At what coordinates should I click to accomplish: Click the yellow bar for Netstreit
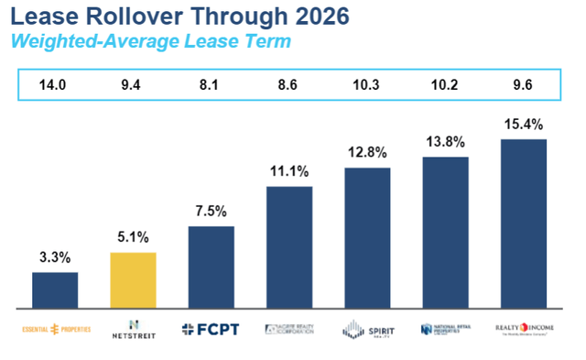tap(133, 280)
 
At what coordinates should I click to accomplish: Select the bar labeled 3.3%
tap(55, 290)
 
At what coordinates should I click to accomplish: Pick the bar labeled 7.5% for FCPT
tap(211, 267)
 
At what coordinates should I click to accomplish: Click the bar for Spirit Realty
tap(367, 238)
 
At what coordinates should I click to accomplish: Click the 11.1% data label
tap(288, 170)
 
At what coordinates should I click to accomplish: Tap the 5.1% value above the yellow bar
tap(133, 236)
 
